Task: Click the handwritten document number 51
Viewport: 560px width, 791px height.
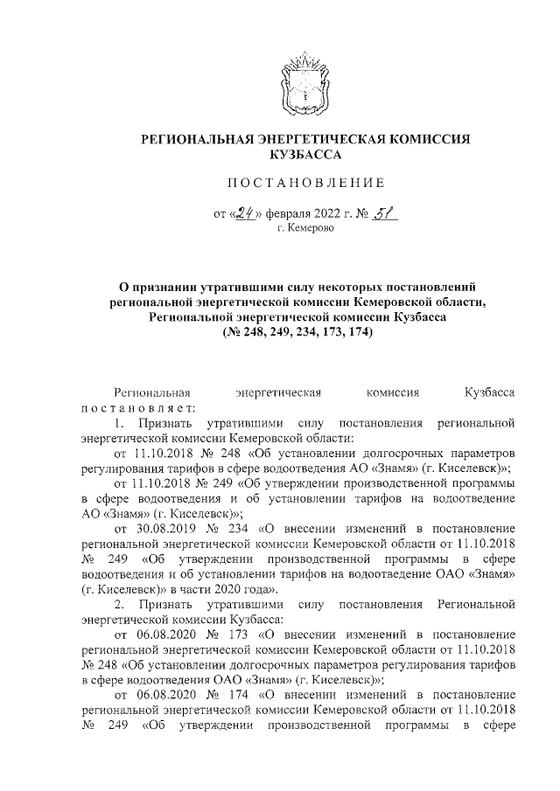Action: point(378,210)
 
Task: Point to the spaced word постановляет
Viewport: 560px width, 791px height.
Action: point(139,408)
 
